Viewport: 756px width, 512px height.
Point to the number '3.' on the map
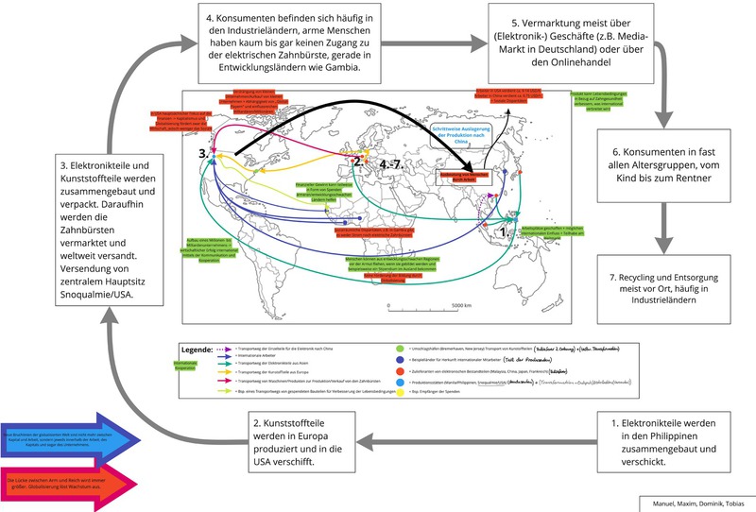click(x=203, y=152)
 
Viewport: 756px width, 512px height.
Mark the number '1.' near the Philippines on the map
click(x=503, y=229)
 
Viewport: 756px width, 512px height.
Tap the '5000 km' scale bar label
click(x=461, y=306)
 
